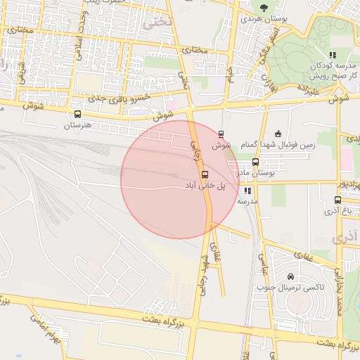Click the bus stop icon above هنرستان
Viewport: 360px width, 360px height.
(x=77, y=114)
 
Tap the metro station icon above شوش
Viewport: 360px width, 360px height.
(x=221, y=134)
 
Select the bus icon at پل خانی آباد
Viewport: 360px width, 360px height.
(x=205, y=174)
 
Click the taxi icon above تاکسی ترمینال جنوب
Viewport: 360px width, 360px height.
(x=291, y=276)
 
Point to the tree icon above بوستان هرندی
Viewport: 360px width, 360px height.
(x=264, y=8)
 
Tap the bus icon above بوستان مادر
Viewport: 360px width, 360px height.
(x=255, y=162)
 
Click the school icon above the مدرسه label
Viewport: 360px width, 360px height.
(x=247, y=191)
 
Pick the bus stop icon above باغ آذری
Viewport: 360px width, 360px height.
(x=338, y=200)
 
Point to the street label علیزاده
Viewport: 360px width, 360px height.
(x=308, y=89)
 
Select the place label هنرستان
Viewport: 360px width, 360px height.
(x=78, y=125)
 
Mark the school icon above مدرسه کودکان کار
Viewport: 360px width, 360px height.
(x=333, y=54)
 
